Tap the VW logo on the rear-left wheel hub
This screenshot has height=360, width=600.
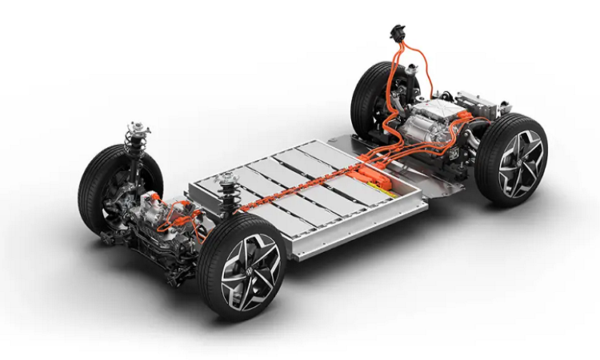[x=521, y=160]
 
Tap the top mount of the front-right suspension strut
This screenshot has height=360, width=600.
[x=134, y=128]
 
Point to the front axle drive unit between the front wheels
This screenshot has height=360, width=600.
[x=160, y=228]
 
